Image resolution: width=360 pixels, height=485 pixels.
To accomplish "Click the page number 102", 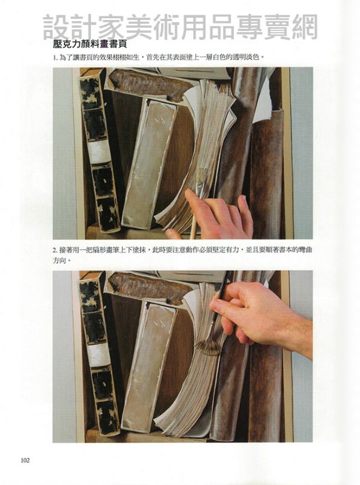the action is (25, 460).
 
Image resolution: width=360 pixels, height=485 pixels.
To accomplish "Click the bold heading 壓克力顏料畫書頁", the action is (90, 44).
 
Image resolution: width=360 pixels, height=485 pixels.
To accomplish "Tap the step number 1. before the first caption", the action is (56, 58).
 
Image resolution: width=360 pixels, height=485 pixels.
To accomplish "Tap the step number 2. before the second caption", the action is (55, 250).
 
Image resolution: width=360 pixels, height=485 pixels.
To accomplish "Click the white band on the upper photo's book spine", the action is (99, 153).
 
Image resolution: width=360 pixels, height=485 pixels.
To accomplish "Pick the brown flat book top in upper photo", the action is (148, 84).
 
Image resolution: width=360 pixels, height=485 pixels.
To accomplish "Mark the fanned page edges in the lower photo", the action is (198, 387).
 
